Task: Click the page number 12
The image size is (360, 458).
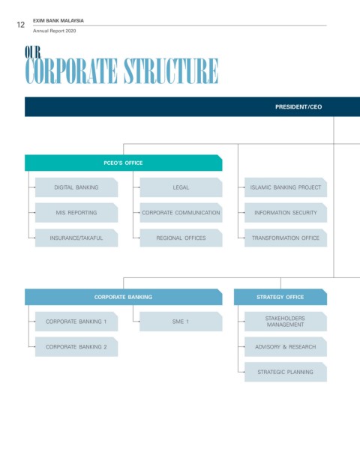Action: click(x=21, y=25)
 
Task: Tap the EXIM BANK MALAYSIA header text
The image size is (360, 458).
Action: click(x=58, y=21)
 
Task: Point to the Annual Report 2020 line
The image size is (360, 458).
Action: click(x=54, y=31)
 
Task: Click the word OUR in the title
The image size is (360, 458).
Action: click(x=33, y=52)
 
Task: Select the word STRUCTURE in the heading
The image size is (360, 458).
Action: click(x=171, y=71)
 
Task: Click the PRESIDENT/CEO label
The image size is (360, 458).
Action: click(x=298, y=107)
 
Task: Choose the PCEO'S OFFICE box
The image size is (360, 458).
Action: click(x=123, y=163)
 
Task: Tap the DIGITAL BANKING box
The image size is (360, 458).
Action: click(x=76, y=187)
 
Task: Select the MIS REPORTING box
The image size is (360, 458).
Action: click(x=76, y=213)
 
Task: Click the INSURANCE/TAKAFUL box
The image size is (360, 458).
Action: click(x=76, y=238)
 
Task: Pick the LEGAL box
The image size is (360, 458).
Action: click(x=181, y=187)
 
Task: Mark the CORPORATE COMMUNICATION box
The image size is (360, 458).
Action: click(x=181, y=213)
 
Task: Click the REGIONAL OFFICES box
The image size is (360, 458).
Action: click(x=181, y=238)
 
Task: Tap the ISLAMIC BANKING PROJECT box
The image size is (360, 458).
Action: click(x=286, y=187)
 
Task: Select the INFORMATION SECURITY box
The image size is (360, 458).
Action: click(x=286, y=213)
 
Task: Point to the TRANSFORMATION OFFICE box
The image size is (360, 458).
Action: click(x=286, y=238)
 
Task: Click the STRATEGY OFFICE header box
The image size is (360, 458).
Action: click(x=280, y=297)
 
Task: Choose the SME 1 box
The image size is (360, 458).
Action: click(x=181, y=322)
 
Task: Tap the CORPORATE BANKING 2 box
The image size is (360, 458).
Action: click(x=76, y=347)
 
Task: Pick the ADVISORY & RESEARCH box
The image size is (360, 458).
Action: click(x=286, y=347)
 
